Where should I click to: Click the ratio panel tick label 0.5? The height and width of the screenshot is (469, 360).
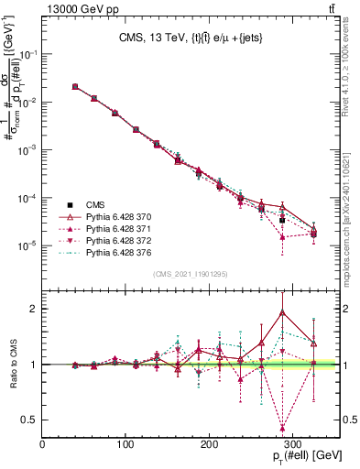pyautogui.click(x=31, y=420)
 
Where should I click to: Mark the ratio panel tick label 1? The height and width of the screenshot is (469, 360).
pyautogui.click(x=35, y=365)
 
